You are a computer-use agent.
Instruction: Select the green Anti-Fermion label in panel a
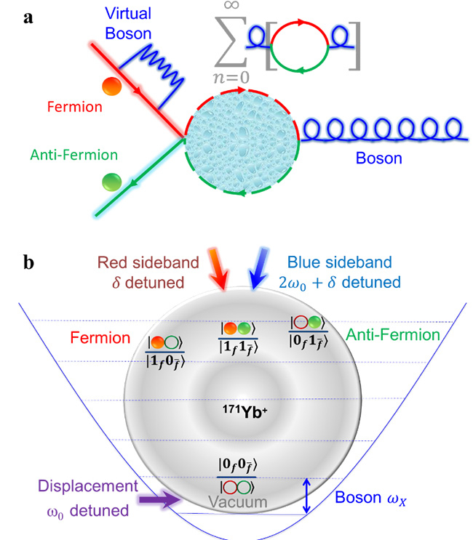pos(63,155)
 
